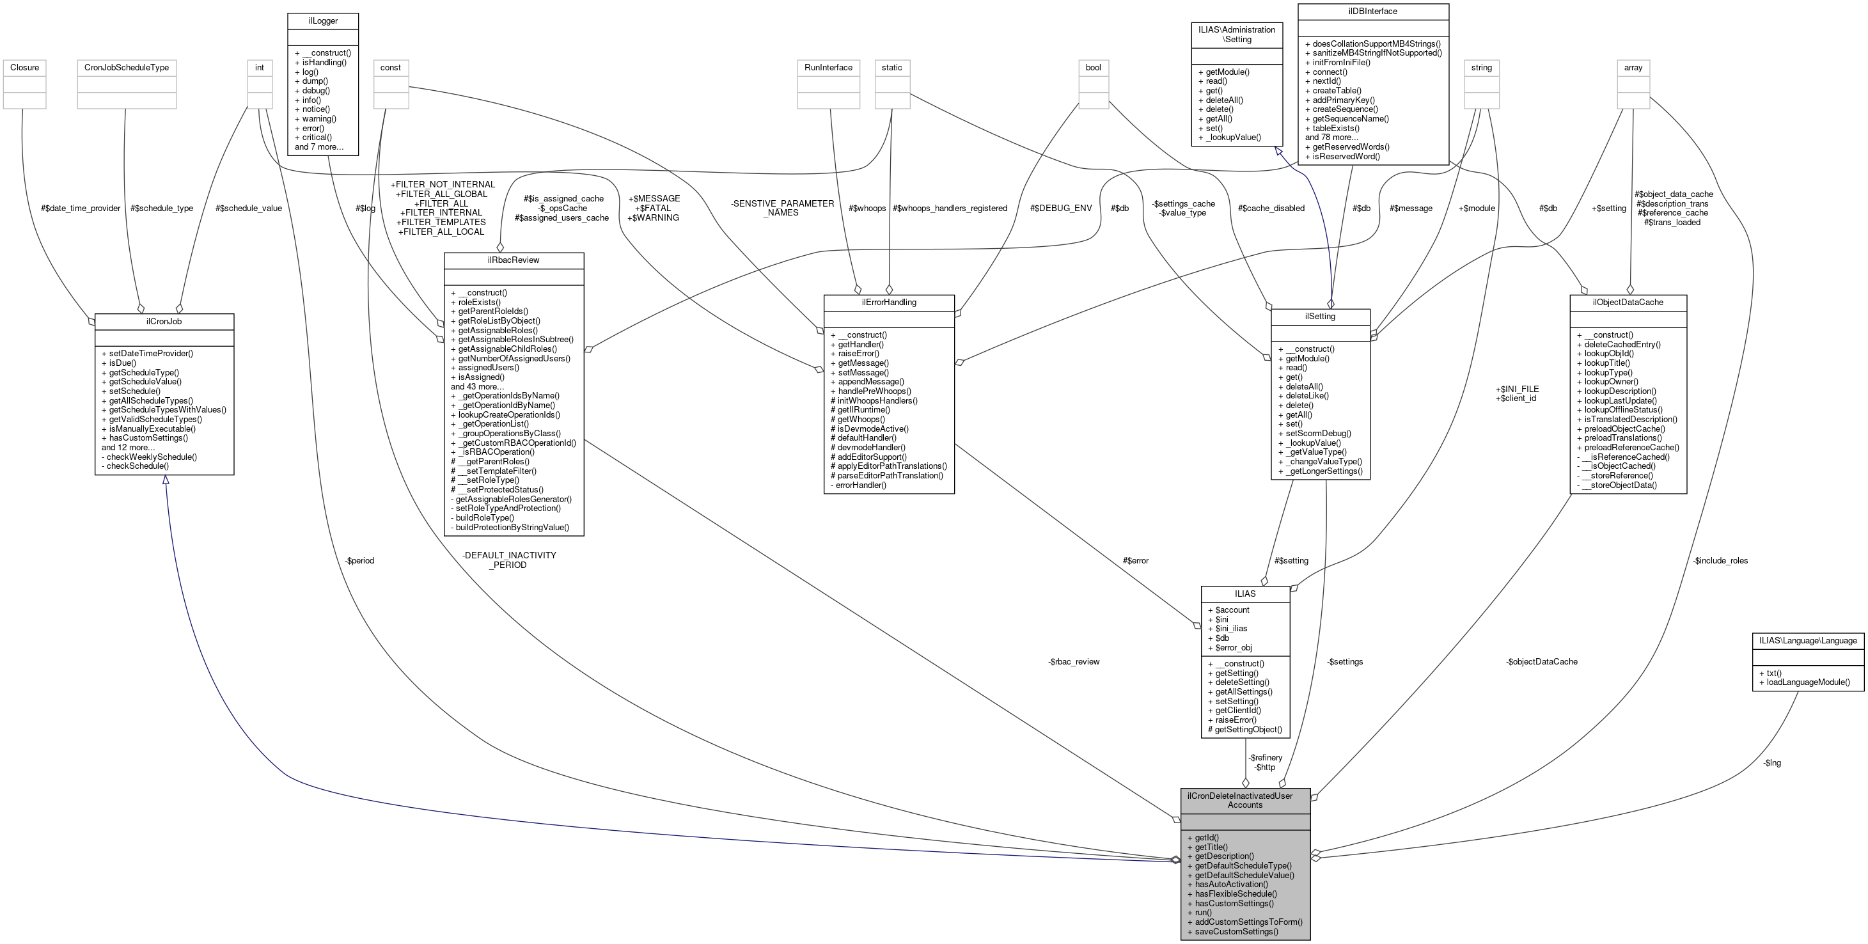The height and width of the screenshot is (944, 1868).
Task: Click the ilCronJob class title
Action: coord(164,321)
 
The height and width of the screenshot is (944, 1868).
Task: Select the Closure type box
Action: coord(25,67)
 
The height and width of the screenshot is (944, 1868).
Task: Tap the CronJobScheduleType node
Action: coord(126,67)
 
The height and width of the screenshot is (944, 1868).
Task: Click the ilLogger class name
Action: coord(323,21)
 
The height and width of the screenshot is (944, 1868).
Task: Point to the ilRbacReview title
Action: coord(514,260)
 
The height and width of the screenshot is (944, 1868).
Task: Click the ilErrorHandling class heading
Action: coord(888,303)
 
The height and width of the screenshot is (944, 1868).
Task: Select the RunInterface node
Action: coord(828,67)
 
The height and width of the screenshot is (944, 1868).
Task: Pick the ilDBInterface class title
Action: coord(1373,12)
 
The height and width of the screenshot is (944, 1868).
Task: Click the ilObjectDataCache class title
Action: coord(1628,303)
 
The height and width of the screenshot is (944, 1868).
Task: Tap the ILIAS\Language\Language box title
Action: coord(1808,641)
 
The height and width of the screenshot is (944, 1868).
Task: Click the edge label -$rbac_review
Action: coord(1074,662)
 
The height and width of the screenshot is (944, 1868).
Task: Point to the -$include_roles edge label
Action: coord(1720,560)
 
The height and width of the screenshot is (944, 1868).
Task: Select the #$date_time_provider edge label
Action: coord(81,208)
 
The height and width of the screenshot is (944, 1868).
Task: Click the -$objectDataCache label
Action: coord(1542,662)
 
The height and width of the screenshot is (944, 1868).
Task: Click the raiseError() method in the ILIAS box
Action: coord(1236,720)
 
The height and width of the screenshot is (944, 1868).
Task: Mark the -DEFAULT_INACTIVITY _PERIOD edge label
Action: coord(508,560)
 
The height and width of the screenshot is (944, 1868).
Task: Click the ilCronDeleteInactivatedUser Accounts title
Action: coord(1245,801)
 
